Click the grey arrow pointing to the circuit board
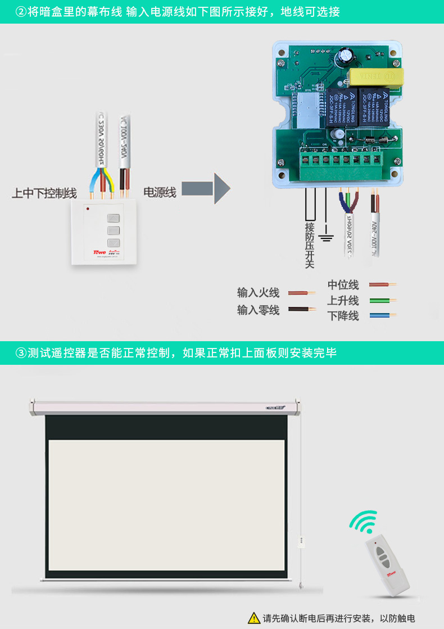point(206,189)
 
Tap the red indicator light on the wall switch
point(88,209)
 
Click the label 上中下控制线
point(44,193)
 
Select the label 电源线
point(160,193)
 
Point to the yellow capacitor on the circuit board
point(375,76)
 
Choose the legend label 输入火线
point(258,293)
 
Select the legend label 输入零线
point(258,310)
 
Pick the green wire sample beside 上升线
point(382,301)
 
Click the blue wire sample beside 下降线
point(382,315)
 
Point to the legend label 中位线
point(343,285)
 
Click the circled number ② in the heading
point(21,11)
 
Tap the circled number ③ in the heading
point(21,353)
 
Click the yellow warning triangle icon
point(254,618)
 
